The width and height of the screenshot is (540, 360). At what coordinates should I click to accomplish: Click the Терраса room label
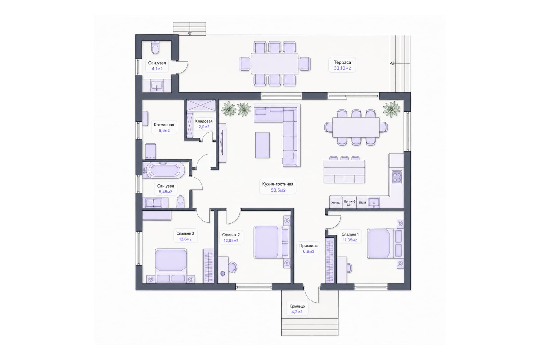pos(342,62)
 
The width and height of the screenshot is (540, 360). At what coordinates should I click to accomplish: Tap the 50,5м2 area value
pos(278,190)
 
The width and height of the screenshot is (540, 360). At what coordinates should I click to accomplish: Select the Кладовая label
pos(204,121)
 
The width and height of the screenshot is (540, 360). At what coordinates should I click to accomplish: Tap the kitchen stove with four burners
pos(397,177)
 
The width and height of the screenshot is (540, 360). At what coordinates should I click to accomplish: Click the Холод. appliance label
pos(336,203)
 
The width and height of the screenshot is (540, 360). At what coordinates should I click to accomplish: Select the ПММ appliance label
pos(362,203)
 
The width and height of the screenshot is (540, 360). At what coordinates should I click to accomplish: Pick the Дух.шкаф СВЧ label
pos(349,203)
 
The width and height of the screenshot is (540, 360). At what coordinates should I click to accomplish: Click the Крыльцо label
pos(297,306)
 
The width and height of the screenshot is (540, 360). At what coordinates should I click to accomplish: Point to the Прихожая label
pos(308,246)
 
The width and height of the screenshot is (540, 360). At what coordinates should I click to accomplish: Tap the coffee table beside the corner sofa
pos(262,145)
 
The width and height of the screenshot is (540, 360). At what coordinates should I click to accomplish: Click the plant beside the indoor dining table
pos(391,109)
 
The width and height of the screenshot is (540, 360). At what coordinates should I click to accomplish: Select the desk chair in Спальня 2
pos(233,267)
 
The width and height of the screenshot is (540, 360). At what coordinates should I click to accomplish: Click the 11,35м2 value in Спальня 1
pos(350,240)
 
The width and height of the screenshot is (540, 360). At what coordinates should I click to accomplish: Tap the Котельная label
pos(164,125)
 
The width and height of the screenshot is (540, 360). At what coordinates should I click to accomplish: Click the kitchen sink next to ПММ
pos(374,202)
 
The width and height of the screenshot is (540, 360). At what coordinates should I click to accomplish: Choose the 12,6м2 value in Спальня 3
pos(185,239)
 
